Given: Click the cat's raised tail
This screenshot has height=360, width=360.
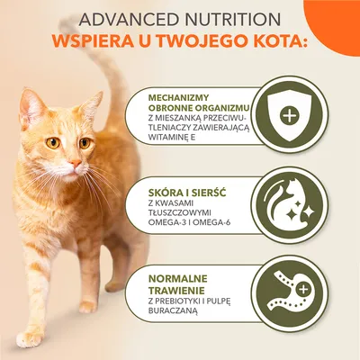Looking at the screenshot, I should coord(113,63).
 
